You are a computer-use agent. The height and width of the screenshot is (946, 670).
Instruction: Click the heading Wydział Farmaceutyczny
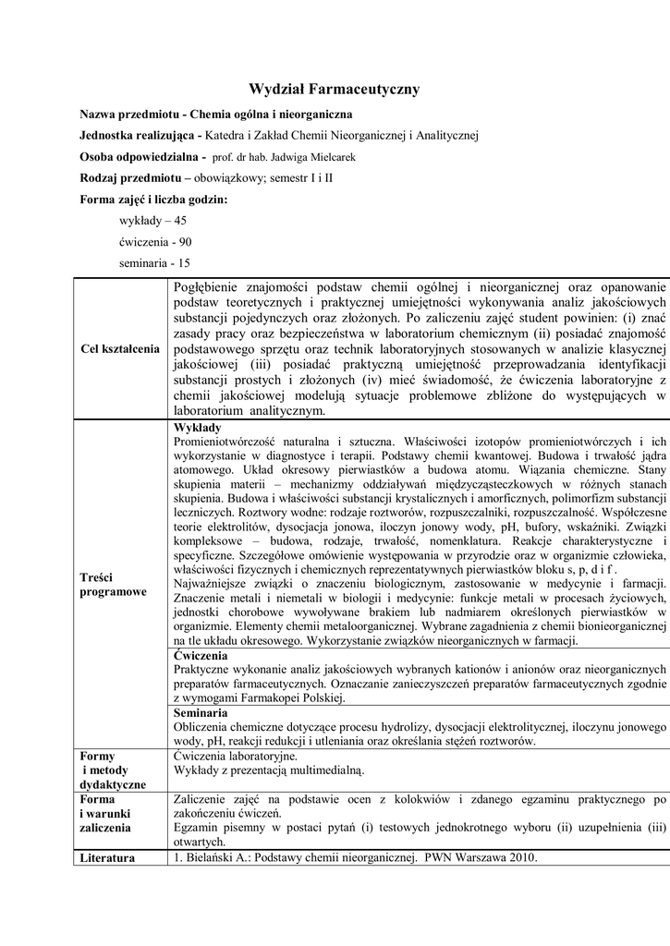pyautogui.click(x=335, y=90)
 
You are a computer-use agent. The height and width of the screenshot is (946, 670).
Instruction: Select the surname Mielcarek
pyautogui.click(x=334, y=157)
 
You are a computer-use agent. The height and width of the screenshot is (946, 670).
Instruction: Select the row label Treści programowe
pyautogui.click(x=114, y=583)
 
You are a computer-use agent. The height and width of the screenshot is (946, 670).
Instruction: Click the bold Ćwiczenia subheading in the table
pyautogui.click(x=201, y=681)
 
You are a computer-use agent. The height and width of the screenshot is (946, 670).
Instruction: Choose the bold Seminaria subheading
pyautogui.click(x=201, y=739)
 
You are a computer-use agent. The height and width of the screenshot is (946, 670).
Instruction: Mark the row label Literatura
pyautogui.click(x=107, y=857)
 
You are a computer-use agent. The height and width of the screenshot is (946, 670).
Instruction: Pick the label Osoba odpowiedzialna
pyautogui.click(x=140, y=157)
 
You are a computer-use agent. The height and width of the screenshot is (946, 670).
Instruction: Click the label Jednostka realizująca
pyautogui.click(x=141, y=136)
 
